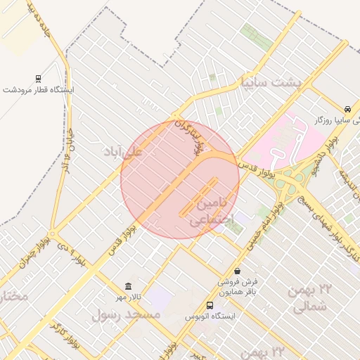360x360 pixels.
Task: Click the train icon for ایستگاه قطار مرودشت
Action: (x=37, y=79)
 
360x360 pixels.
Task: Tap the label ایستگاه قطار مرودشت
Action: (x=39, y=91)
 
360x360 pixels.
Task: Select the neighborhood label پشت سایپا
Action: (x=271, y=82)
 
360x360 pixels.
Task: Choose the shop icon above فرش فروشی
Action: (x=237, y=271)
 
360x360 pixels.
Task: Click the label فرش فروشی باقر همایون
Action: (x=237, y=287)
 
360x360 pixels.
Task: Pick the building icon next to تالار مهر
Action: (x=127, y=286)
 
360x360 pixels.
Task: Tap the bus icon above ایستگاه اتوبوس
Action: (x=210, y=305)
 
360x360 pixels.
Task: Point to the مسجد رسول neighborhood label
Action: (x=126, y=314)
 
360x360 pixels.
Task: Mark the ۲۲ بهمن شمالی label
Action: (x=309, y=297)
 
